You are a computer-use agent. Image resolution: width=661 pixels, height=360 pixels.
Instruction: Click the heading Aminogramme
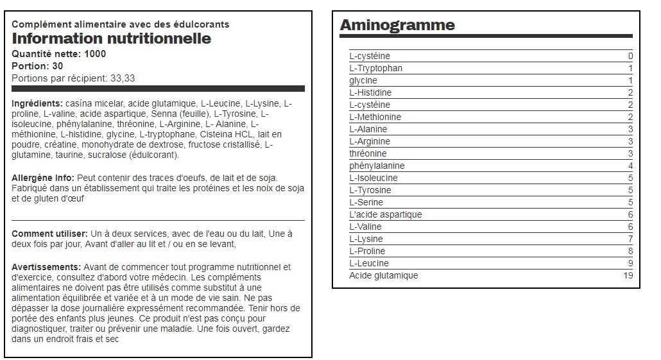(397, 25)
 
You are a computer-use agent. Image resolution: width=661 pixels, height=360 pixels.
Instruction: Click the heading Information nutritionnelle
(112, 39)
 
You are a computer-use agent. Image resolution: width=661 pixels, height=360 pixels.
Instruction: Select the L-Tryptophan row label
(376, 68)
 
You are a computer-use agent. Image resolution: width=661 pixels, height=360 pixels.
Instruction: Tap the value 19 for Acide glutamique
(628, 275)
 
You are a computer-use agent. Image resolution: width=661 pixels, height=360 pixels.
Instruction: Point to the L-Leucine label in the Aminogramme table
(369, 263)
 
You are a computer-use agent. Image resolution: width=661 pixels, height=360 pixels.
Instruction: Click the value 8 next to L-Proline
(630, 251)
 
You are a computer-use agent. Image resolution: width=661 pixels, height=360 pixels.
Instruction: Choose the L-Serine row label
(367, 202)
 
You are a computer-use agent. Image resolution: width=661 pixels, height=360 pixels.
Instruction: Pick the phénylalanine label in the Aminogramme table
(377, 166)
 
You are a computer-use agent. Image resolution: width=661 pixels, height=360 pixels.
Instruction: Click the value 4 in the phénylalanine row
(630, 166)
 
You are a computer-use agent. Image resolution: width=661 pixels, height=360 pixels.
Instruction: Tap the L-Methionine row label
(375, 117)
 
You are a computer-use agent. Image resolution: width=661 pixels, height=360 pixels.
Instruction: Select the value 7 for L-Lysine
(630, 239)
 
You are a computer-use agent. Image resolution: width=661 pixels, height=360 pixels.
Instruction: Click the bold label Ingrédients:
(37, 103)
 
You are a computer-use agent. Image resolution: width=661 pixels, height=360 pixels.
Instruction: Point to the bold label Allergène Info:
(43, 178)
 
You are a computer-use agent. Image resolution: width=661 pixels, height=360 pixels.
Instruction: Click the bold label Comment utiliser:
(49, 234)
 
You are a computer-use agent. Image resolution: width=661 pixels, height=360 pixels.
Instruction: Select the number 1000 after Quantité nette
(95, 54)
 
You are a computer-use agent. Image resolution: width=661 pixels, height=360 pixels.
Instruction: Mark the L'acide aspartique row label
(386, 214)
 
